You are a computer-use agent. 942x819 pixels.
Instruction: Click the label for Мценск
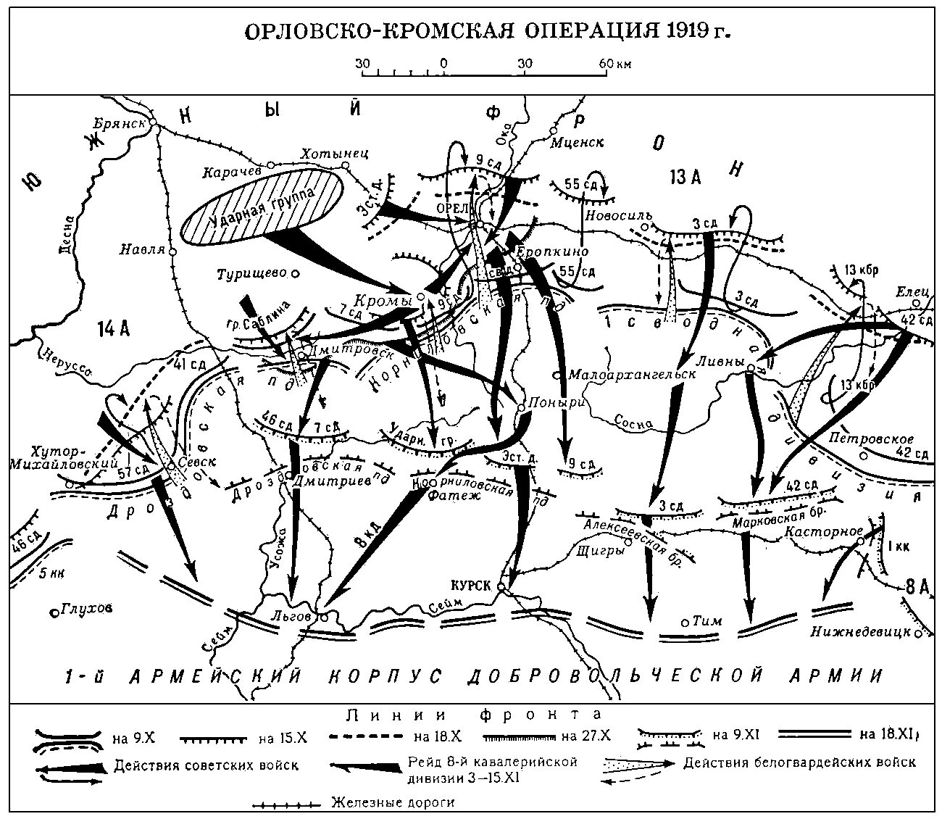(577, 142)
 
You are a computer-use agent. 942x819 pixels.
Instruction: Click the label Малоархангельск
(632, 375)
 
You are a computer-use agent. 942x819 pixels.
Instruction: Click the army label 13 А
(684, 176)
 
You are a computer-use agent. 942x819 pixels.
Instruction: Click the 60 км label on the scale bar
(614, 64)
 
